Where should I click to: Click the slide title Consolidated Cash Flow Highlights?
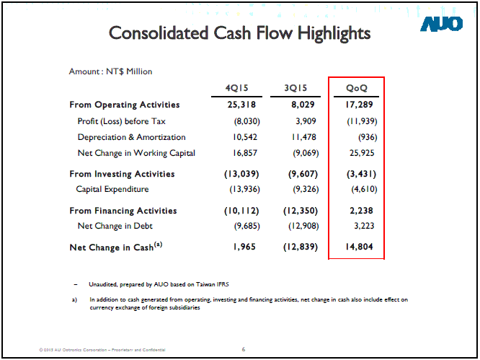[x=239, y=33]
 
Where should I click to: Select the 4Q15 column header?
[x=236, y=88]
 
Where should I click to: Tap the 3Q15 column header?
[x=295, y=88]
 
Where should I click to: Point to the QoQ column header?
[x=357, y=88]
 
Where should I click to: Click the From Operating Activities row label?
[x=125, y=105]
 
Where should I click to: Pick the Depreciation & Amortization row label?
[x=131, y=137]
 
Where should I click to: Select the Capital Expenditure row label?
[x=112, y=189]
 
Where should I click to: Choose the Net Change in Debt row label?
[x=114, y=227]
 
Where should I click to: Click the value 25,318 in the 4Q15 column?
[x=242, y=105]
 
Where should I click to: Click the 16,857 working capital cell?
[x=244, y=153]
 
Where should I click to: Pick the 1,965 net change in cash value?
[x=245, y=247]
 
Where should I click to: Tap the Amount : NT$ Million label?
[x=110, y=71]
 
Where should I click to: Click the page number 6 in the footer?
[x=244, y=350]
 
